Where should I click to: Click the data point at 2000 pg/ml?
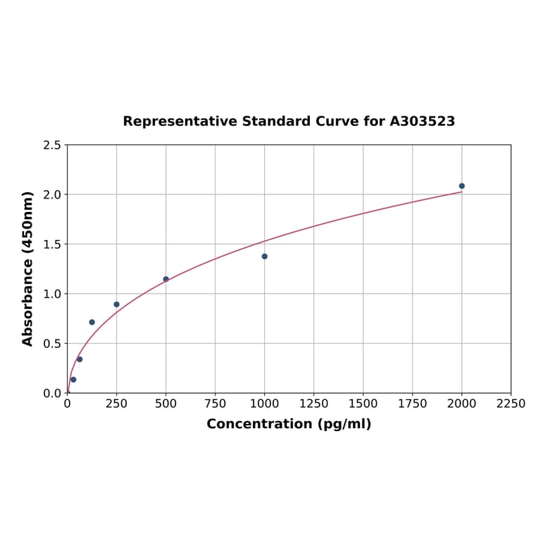(462, 186)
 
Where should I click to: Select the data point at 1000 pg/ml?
(265, 256)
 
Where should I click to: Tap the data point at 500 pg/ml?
(166, 279)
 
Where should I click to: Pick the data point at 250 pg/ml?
(117, 304)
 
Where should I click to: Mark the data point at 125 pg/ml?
(92, 322)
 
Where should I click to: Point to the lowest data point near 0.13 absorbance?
(73, 380)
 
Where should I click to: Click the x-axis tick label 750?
(215, 403)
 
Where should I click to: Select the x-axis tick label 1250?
(314, 403)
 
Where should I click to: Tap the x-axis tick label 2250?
(511, 403)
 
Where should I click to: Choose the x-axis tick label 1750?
(413, 403)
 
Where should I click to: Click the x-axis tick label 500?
(166, 403)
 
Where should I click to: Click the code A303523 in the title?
(423, 122)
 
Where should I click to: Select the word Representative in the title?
(180, 122)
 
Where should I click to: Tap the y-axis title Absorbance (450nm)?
(28, 268)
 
